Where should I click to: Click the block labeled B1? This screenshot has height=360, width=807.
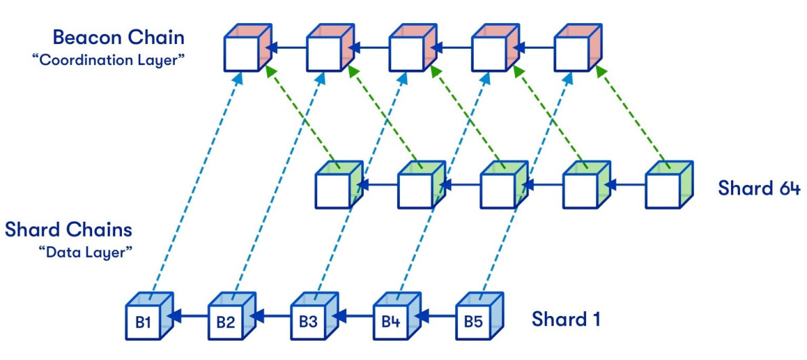(x=143, y=322)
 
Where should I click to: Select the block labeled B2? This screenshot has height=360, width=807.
(x=226, y=322)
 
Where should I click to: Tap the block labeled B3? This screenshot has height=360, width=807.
(x=308, y=322)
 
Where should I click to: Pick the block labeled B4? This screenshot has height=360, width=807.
(x=391, y=322)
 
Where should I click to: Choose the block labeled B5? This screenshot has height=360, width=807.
(x=474, y=322)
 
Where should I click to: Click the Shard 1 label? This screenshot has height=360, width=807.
(x=566, y=319)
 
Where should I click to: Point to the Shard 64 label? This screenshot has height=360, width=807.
(x=759, y=188)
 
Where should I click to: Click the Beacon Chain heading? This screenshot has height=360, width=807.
(x=119, y=36)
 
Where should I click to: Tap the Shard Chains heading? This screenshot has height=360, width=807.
(x=68, y=229)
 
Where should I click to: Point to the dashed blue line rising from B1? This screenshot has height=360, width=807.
(x=196, y=183)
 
